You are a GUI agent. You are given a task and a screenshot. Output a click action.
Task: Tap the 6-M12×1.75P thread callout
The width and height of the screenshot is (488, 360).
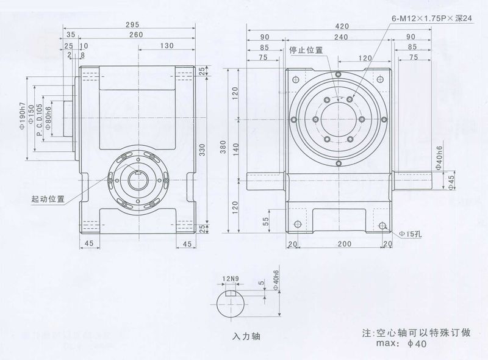coord(432,19)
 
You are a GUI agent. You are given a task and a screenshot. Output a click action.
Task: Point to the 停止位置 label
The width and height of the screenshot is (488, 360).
coord(306,49)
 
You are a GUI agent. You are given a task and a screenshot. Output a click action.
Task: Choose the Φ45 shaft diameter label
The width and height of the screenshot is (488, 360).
coord(451,181)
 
